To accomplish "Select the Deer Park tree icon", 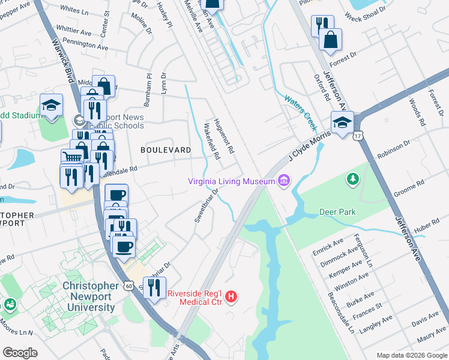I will pos(352,178).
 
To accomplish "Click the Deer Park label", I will pos(337,212).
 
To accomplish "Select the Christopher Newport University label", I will pos(90,296).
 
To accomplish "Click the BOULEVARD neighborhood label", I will pos(166,149).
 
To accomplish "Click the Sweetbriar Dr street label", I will pos(205,205).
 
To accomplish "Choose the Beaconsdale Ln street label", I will pos(347,311).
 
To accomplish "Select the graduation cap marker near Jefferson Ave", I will pos(342,123).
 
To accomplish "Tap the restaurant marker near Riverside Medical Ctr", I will pos(155,289).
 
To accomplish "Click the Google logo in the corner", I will pos(20,353).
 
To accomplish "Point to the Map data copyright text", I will pos(411,355).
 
